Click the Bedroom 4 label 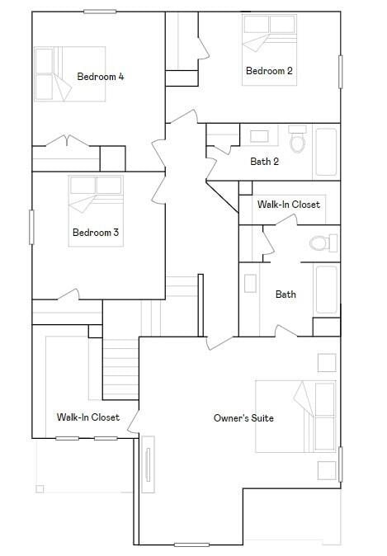pyautogui.click(x=101, y=77)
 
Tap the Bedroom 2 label pyautogui.click(x=269, y=71)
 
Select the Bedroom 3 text pyautogui.click(x=96, y=233)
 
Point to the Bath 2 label pyautogui.click(x=265, y=162)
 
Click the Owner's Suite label pyautogui.click(x=243, y=418)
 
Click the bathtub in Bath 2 pyautogui.click(x=326, y=150)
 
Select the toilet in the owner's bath pyautogui.click(x=321, y=243)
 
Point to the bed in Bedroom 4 pyautogui.click(x=70, y=73)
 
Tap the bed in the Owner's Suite pyautogui.click(x=295, y=416)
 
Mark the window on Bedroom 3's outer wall pyautogui.click(x=32, y=227)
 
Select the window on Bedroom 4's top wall pyautogui.click(x=99, y=12)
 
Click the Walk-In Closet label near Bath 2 pyautogui.click(x=289, y=204)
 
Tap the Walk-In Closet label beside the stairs pyautogui.click(x=87, y=417)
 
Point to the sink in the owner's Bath pyautogui.click(x=250, y=283)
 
